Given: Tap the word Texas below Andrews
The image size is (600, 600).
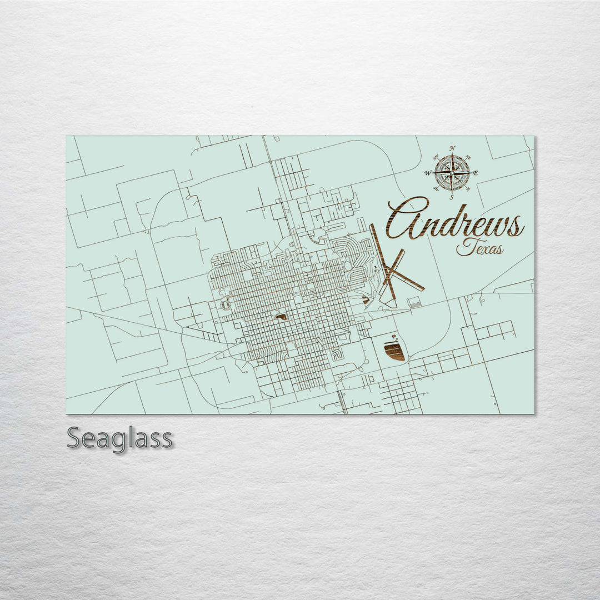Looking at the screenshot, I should [x=480, y=249].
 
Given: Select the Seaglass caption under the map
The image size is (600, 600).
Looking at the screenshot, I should [x=119, y=438].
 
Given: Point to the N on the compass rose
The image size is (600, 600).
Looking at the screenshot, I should [x=452, y=148].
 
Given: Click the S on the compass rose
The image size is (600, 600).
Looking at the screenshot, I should [x=452, y=197].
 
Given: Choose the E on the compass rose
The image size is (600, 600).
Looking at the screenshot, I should [x=476, y=173].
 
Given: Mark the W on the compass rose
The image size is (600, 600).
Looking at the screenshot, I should [x=428, y=173].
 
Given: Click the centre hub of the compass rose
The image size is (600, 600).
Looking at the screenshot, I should [x=452, y=173].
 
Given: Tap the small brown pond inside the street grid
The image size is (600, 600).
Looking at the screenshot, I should [x=281, y=317].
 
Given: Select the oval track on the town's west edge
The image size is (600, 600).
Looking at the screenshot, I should [x=224, y=305].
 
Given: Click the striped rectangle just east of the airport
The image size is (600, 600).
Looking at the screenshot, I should [x=414, y=302].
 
